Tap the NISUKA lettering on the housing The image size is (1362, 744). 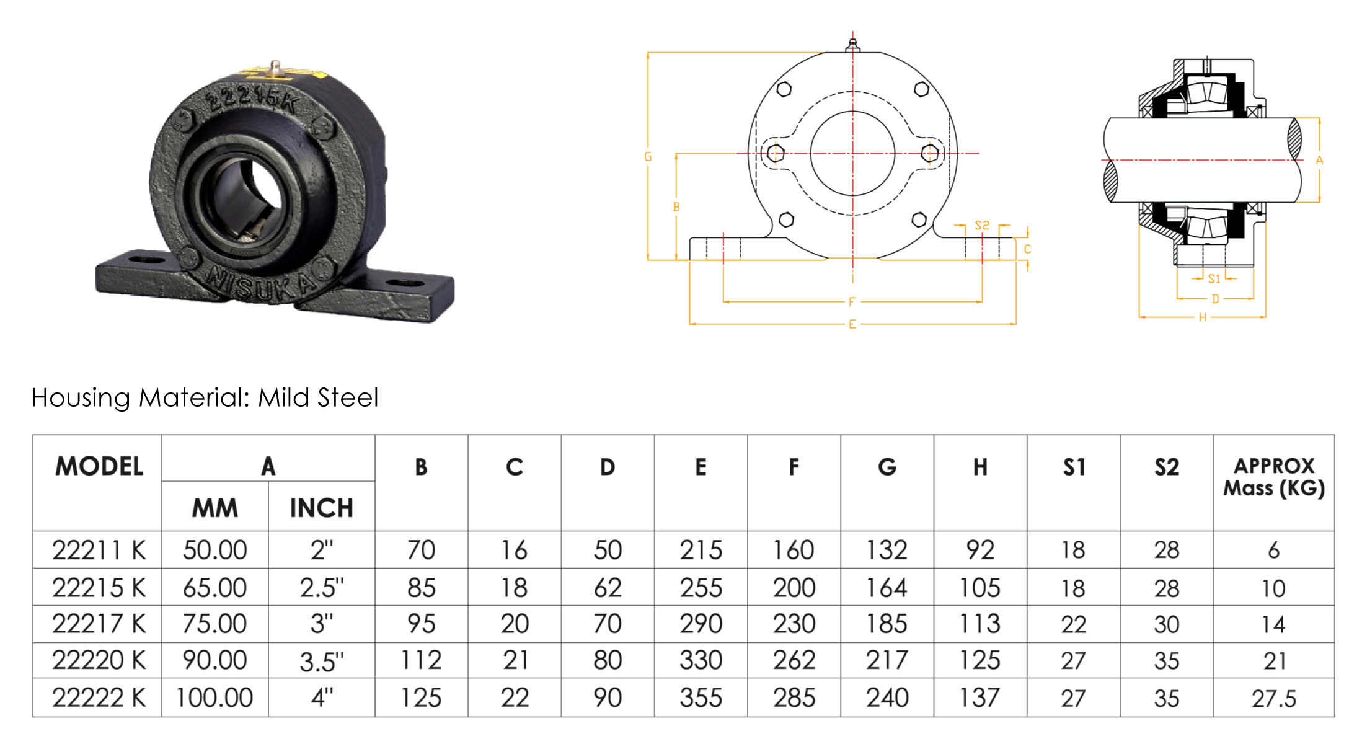point(260,285)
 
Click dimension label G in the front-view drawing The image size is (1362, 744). point(648,157)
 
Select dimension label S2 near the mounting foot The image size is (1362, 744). point(982,225)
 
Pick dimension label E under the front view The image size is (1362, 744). point(852,324)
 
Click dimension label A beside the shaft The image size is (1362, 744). point(1319,161)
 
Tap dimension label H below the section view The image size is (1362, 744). point(1202,317)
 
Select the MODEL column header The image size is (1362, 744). point(99,466)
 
